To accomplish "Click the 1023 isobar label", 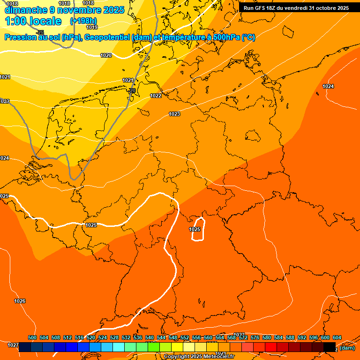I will click(174, 114).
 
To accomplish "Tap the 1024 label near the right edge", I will click(328, 86).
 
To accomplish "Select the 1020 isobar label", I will click(106, 55).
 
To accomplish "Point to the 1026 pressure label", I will click(20, 301).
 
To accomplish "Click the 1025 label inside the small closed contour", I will click(195, 229).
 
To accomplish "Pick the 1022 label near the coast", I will click(156, 96).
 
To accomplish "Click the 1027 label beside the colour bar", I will click(13, 345).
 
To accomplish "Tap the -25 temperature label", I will click(40, 32).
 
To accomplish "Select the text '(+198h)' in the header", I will click(83, 21).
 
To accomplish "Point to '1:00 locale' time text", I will click(33, 21).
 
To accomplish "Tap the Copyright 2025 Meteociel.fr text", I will click(199, 357).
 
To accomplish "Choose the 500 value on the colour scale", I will click(32, 337).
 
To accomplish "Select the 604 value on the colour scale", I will click(337, 337).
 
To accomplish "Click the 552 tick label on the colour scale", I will click(185, 337).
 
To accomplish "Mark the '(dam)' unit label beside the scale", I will click(347, 348).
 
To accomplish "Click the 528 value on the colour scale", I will click(114, 337).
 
